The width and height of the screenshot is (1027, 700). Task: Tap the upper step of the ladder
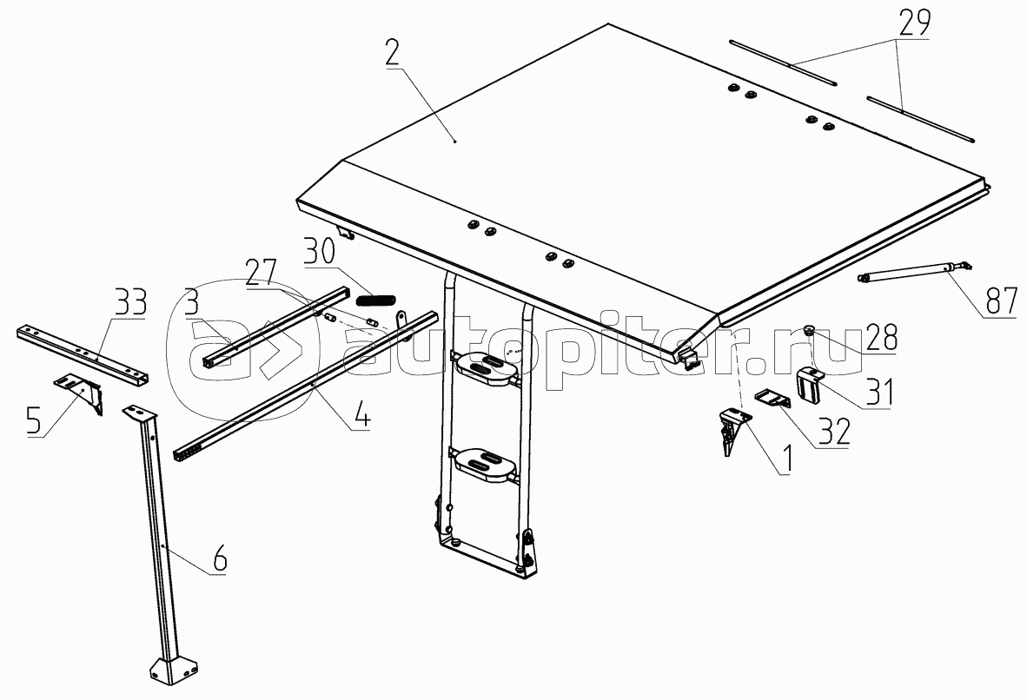(486, 366)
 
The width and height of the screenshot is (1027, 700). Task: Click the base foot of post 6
(175, 670)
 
